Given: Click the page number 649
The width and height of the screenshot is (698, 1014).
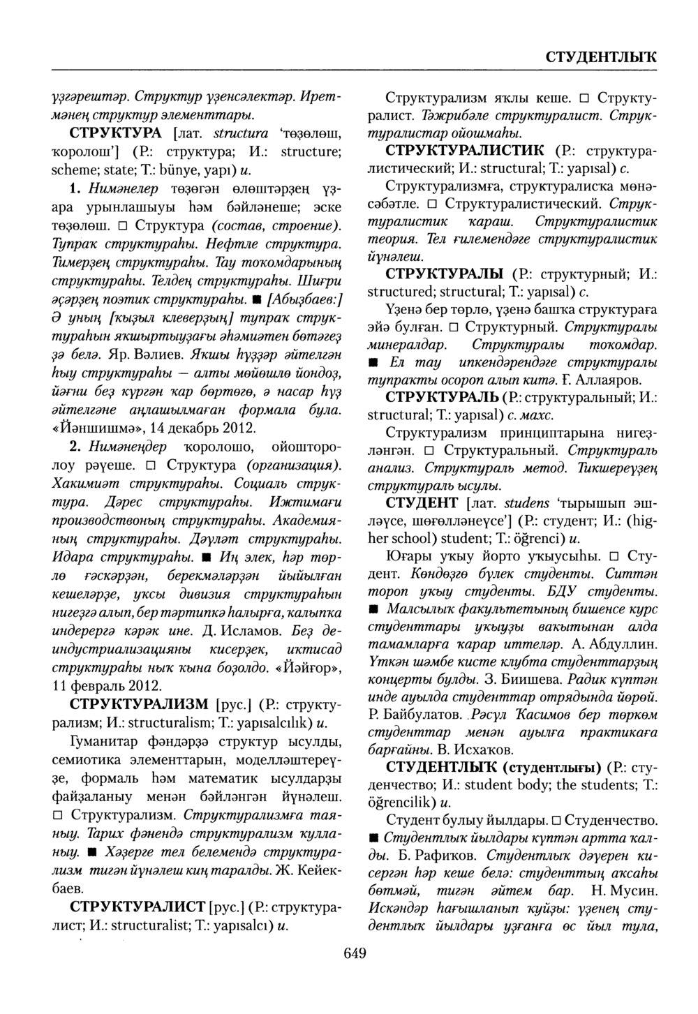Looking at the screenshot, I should click(355, 954).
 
